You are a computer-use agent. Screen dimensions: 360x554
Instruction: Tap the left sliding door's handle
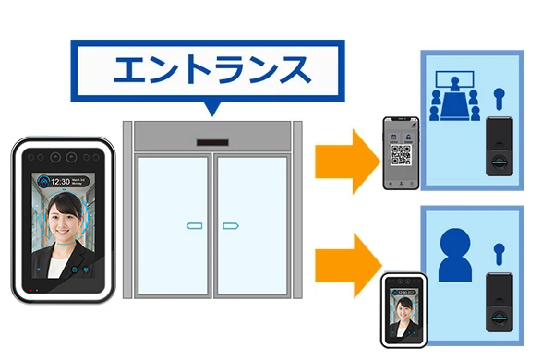click(194, 224)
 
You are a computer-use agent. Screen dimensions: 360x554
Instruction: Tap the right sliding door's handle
click(231, 224)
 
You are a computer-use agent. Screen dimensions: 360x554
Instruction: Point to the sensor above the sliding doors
click(211, 141)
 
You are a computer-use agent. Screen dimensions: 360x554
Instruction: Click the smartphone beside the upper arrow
click(401, 153)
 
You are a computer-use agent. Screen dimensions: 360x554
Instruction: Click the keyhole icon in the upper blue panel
click(500, 95)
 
